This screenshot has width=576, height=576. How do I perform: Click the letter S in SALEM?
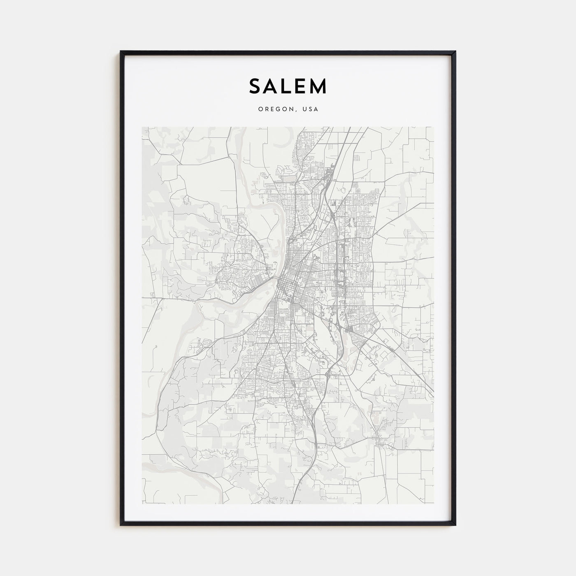point(256,86)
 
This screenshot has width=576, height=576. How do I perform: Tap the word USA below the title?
point(309,109)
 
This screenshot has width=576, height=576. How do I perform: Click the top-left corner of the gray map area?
point(142,127)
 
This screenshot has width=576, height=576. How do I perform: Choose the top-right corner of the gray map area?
point(434,127)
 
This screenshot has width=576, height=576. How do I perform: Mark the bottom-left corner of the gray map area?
point(142,504)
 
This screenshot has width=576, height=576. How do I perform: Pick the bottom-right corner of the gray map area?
point(434,504)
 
